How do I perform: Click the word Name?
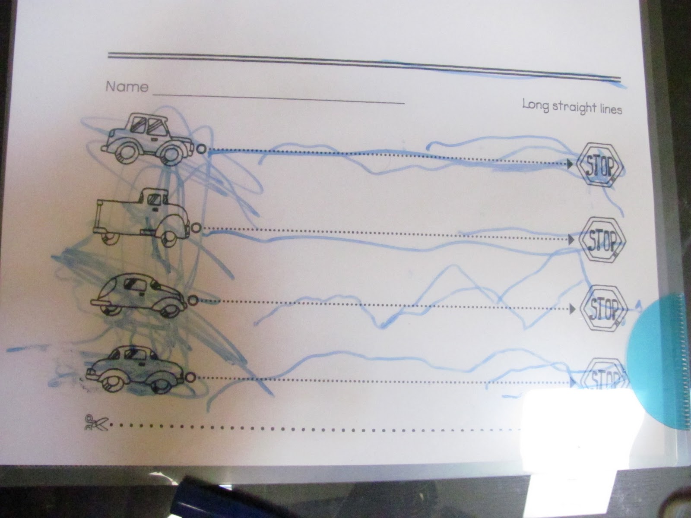[127, 86]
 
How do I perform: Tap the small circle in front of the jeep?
[201, 149]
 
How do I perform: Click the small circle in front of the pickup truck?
[196, 228]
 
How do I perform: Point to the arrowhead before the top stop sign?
[569, 164]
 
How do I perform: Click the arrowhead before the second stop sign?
[571, 240]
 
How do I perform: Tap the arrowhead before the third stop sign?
[573, 309]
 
